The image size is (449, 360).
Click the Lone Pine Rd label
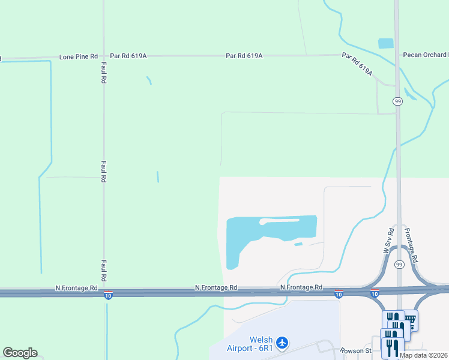tap(78, 56)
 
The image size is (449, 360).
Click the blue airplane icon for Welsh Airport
tap(282, 343)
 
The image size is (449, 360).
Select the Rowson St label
tap(357, 350)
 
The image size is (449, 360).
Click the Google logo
tap(20, 353)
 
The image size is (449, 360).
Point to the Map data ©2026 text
tap(424, 355)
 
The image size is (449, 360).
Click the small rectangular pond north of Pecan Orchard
tap(385, 43)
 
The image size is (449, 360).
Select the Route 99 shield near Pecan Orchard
tap(398, 101)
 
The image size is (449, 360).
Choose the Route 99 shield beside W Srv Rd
tap(399, 264)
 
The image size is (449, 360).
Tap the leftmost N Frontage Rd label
tap(76, 288)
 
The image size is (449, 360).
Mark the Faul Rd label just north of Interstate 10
tap(104, 271)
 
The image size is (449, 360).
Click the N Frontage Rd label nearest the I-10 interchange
tap(302, 288)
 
